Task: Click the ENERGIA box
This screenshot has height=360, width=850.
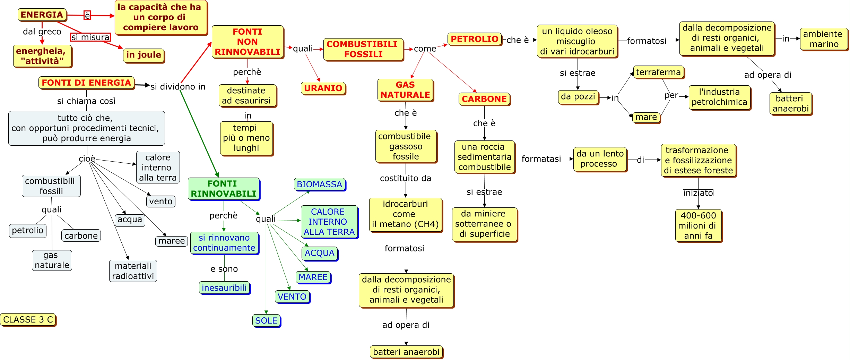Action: (x=42, y=15)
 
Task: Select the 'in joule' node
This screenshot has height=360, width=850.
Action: (x=144, y=55)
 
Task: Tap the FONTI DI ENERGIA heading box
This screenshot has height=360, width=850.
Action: (x=86, y=83)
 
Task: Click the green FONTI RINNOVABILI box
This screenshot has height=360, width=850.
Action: (x=224, y=189)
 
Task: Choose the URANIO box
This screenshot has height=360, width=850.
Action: (x=323, y=88)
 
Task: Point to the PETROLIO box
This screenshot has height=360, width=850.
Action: (x=474, y=39)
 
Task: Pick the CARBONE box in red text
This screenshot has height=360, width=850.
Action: (x=484, y=99)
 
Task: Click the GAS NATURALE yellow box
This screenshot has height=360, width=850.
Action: (x=405, y=90)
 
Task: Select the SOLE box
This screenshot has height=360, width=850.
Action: (x=266, y=320)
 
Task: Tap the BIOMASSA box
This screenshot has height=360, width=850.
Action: (x=319, y=185)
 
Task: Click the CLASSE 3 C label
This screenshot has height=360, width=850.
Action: (x=28, y=319)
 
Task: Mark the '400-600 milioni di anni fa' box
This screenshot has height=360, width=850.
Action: (x=698, y=225)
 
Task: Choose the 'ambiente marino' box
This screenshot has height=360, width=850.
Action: (x=824, y=39)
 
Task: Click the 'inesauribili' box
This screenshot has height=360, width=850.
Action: (x=224, y=288)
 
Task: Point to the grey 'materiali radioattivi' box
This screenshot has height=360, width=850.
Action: (x=133, y=271)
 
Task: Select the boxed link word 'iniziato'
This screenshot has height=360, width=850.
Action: (x=698, y=193)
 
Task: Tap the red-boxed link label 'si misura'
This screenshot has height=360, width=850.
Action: (x=90, y=37)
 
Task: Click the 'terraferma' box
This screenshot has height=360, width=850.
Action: (x=658, y=72)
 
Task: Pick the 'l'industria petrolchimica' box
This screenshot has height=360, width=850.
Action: (x=719, y=97)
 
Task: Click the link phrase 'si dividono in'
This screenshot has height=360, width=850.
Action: (x=178, y=87)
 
